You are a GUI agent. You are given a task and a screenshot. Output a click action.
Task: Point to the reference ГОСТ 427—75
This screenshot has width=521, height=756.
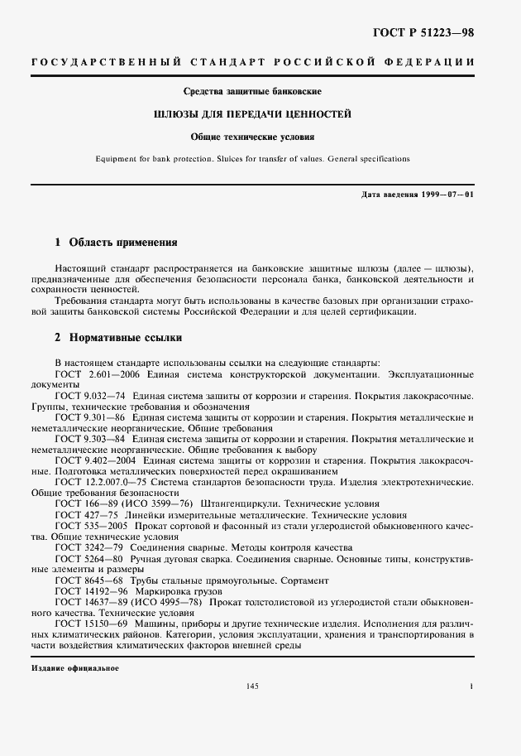pyautogui.click(x=81, y=515)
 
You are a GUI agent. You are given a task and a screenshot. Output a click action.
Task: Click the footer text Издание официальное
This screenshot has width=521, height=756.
pyautogui.click(x=74, y=667)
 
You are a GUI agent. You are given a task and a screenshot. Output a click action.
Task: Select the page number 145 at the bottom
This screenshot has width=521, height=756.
pyautogui.click(x=253, y=686)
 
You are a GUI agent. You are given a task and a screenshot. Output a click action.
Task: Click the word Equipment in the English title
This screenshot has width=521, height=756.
pyautogui.click(x=121, y=157)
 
